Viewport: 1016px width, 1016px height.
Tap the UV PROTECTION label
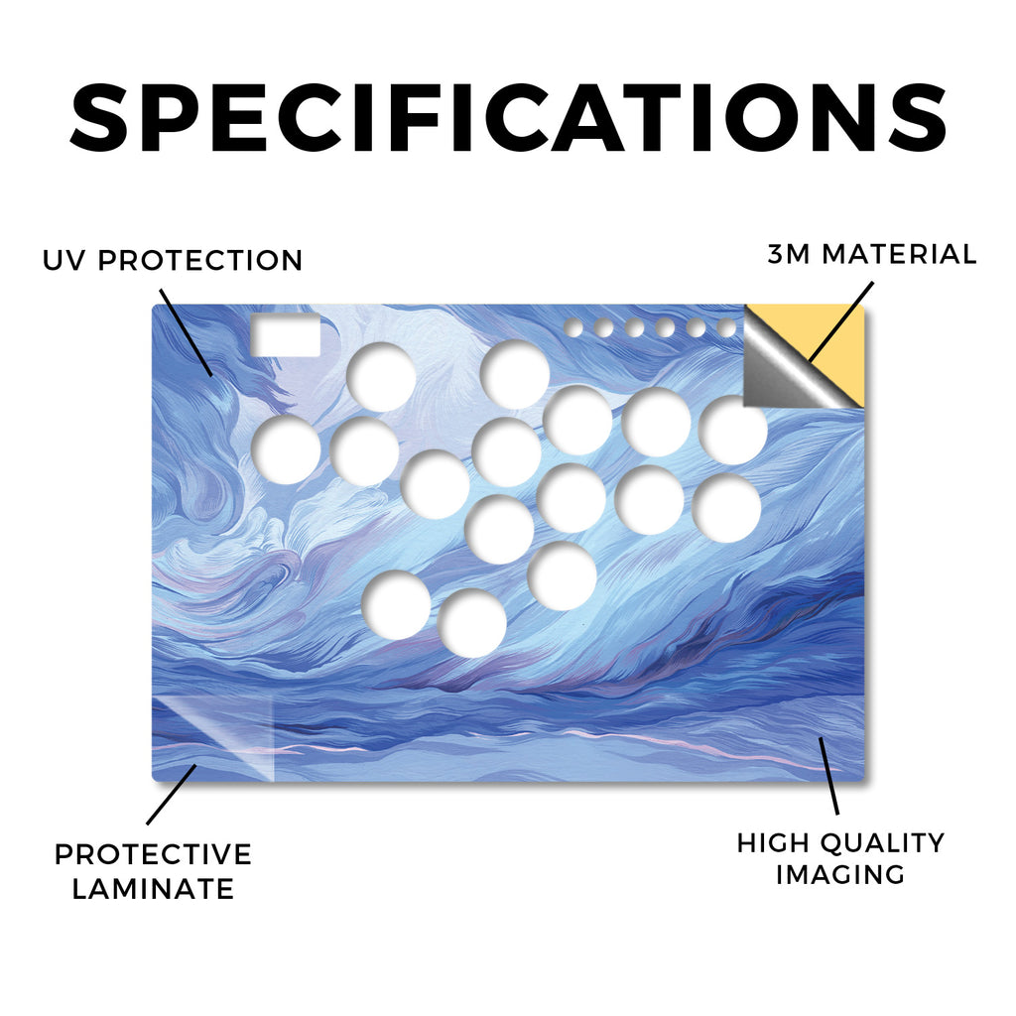tap(173, 261)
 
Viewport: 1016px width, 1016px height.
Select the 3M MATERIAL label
tap(871, 254)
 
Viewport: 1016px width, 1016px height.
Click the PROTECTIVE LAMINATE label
tap(153, 871)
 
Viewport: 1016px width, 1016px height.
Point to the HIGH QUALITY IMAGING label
tap(840, 859)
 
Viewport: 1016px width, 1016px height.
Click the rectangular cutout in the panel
tap(286, 335)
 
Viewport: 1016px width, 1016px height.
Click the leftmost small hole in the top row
tap(572, 327)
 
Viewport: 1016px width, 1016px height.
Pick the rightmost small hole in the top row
tap(727, 327)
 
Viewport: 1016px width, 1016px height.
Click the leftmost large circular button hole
tap(286, 449)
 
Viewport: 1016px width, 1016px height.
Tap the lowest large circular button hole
tap(472, 623)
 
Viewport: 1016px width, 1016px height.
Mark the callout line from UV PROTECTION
tap(186, 333)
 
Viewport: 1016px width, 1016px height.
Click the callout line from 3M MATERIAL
tap(840, 322)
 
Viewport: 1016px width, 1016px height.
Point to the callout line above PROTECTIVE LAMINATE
tap(172, 795)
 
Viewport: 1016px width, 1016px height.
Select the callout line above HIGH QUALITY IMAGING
tap(828, 776)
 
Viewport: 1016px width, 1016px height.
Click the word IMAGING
tap(840, 875)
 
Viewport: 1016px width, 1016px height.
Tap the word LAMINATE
tap(153, 888)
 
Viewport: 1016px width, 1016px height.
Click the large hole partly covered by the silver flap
tap(733, 431)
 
